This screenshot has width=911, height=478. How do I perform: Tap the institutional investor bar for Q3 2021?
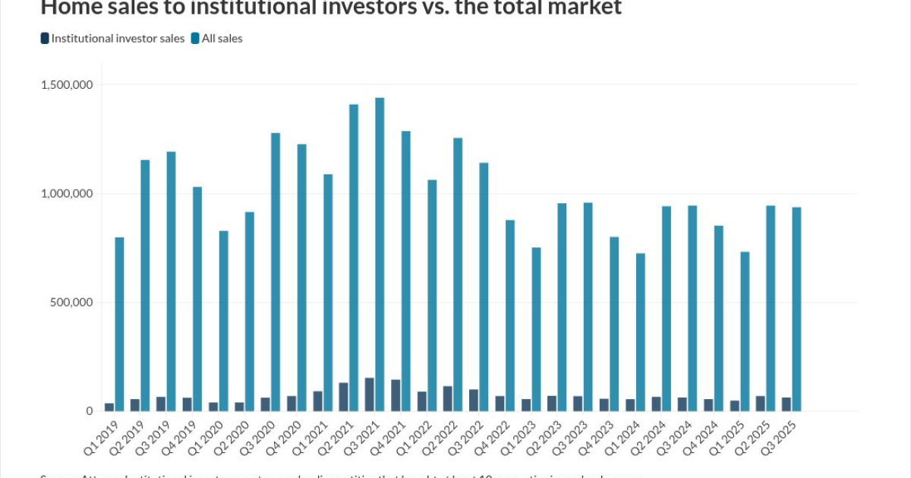369,395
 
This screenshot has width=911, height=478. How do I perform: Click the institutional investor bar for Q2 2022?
447,398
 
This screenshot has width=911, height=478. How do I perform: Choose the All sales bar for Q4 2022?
510,316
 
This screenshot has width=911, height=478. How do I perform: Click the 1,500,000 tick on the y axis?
67,84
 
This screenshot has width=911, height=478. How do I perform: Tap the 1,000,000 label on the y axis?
67,193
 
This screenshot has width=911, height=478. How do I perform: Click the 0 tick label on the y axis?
89,411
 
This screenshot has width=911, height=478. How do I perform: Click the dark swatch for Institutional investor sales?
45,38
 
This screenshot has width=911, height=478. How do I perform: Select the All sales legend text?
222,38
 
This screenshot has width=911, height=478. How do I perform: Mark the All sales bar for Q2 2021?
354,257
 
